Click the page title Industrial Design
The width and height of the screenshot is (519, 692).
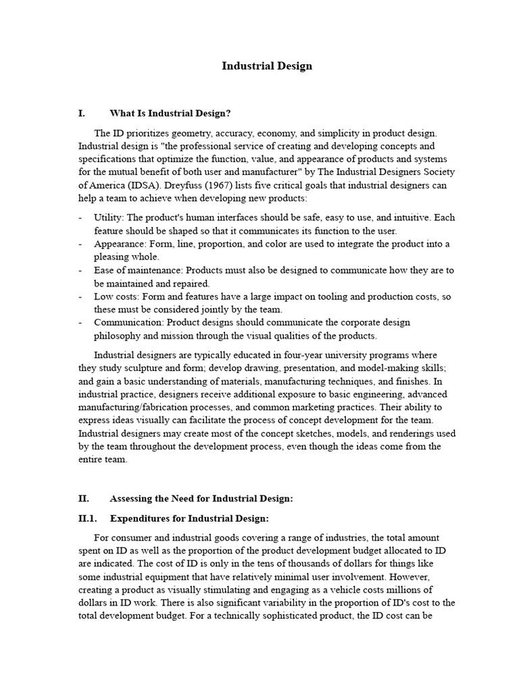[268, 66]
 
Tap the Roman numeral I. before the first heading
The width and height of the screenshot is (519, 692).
[82, 114]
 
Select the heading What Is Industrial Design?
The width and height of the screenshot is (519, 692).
[165, 114]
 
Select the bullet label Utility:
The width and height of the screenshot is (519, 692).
[109, 218]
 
